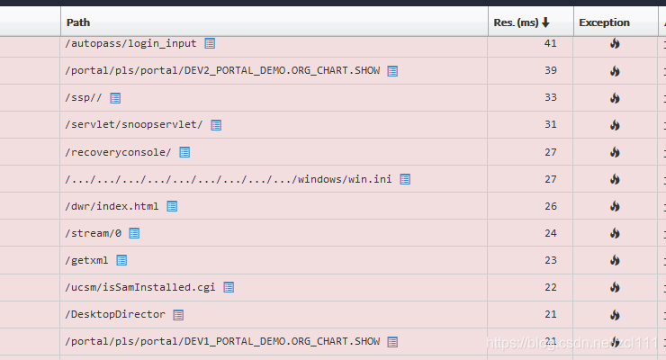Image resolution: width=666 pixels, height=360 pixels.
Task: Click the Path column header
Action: pyautogui.click(x=78, y=22)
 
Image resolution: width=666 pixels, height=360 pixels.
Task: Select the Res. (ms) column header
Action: pyautogui.click(x=516, y=22)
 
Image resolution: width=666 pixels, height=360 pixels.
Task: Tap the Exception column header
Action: pyautogui.click(x=604, y=22)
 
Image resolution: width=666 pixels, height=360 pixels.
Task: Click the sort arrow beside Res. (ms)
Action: pyautogui.click(x=545, y=22)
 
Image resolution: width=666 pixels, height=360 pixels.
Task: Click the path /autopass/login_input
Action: pyautogui.click(x=130, y=43)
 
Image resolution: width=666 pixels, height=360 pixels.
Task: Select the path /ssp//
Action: pyautogui.click(x=84, y=97)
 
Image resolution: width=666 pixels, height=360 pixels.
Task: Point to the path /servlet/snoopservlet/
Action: pyautogui.click(x=134, y=124)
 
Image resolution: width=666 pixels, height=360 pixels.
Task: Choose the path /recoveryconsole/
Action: pyautogui.click(x=118, y=152)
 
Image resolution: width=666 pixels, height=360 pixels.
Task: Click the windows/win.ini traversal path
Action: pyautogui.click(x=229, y=179)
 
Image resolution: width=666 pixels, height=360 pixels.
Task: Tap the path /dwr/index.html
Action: pyautogui.click(x=112, y=206)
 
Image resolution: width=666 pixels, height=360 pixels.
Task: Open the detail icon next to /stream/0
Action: pyautogui.click(x=134, y=233)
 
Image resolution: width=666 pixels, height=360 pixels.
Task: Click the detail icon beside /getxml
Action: pyautogui.click(x=121, y=260)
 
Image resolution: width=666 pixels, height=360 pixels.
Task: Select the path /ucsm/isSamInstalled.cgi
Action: pyautogui.click(x=140, y=287)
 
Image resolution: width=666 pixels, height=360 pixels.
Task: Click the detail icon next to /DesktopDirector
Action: pyautogui.click(x=178, y=315)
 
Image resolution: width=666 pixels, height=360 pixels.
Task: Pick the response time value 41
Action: pyautogui.click(x=552, y=43)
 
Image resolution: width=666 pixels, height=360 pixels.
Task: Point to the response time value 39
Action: pyautogui.click(x=552, y=70)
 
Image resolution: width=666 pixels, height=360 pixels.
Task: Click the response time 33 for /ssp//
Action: pyautogui.click(x=552, y=97)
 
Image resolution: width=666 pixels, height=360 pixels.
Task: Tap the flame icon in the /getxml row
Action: pyautogui.click(x=615, y=260)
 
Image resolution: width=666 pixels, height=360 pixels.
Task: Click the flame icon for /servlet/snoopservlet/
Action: pyautogui.click(x=615, y=124)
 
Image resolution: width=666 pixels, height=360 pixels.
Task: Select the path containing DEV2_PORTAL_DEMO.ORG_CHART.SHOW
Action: pyautogui.click(x=222, y=70)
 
